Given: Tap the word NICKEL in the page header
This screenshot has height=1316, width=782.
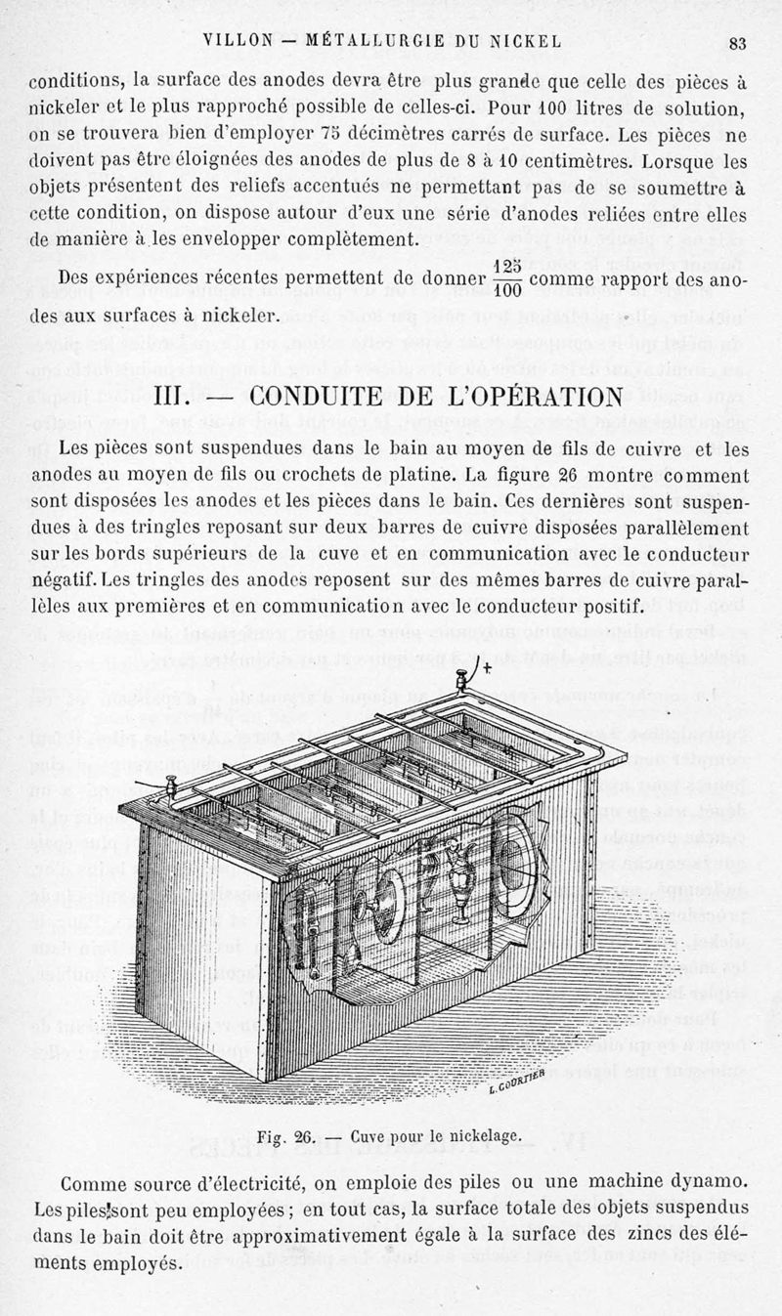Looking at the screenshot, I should (x=530, y=41).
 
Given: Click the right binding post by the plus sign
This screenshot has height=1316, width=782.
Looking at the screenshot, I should (x=459, y=681).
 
